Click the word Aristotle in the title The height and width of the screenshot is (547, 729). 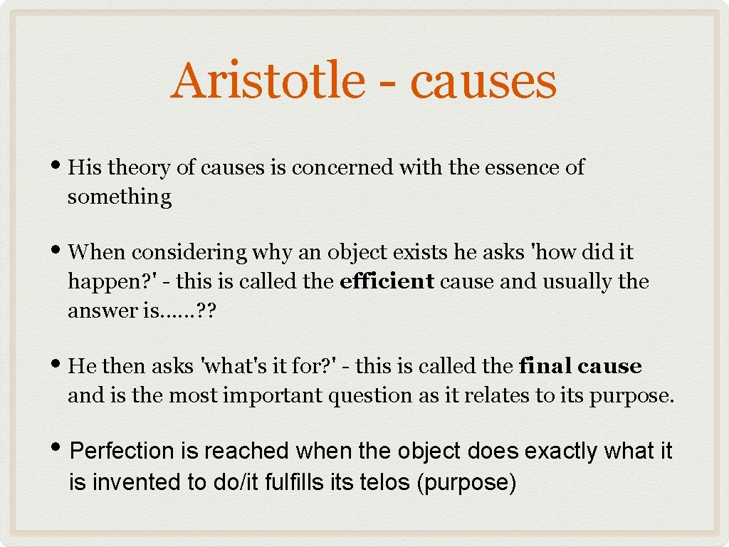click(268, 80)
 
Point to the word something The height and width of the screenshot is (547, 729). click(120, 197)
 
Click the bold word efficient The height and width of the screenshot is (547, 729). click(387, 281)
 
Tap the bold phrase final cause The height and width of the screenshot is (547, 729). click(580, 366)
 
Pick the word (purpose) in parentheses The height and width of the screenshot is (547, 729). click(466, 483)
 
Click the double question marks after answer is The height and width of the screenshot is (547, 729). click(206, 311)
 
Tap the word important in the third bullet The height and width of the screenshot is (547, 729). click(272, 395)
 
